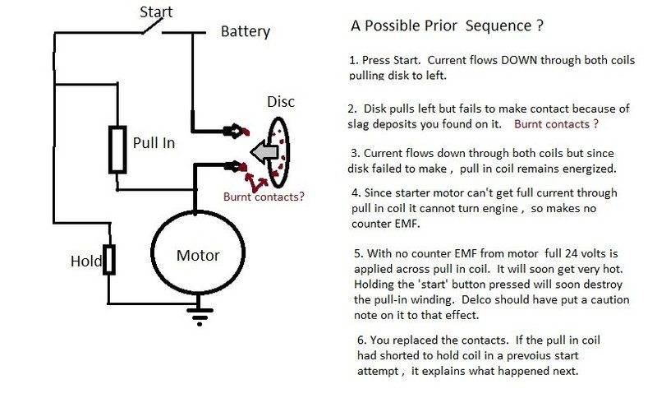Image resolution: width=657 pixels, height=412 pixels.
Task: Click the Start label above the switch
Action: click(157, 12)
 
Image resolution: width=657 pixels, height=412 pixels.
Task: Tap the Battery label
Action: click(246, 32)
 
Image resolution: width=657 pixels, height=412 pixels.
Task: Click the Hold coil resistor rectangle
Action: click(108, 260)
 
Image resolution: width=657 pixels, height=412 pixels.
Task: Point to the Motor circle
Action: click(196, 254)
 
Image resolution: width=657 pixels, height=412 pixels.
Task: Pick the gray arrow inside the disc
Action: click(264, 151)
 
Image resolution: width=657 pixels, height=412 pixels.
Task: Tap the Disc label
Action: click(281, 103)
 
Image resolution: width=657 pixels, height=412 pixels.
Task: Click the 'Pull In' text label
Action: click(154, 142)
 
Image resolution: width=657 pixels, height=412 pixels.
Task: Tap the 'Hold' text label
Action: click(85, 262)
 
